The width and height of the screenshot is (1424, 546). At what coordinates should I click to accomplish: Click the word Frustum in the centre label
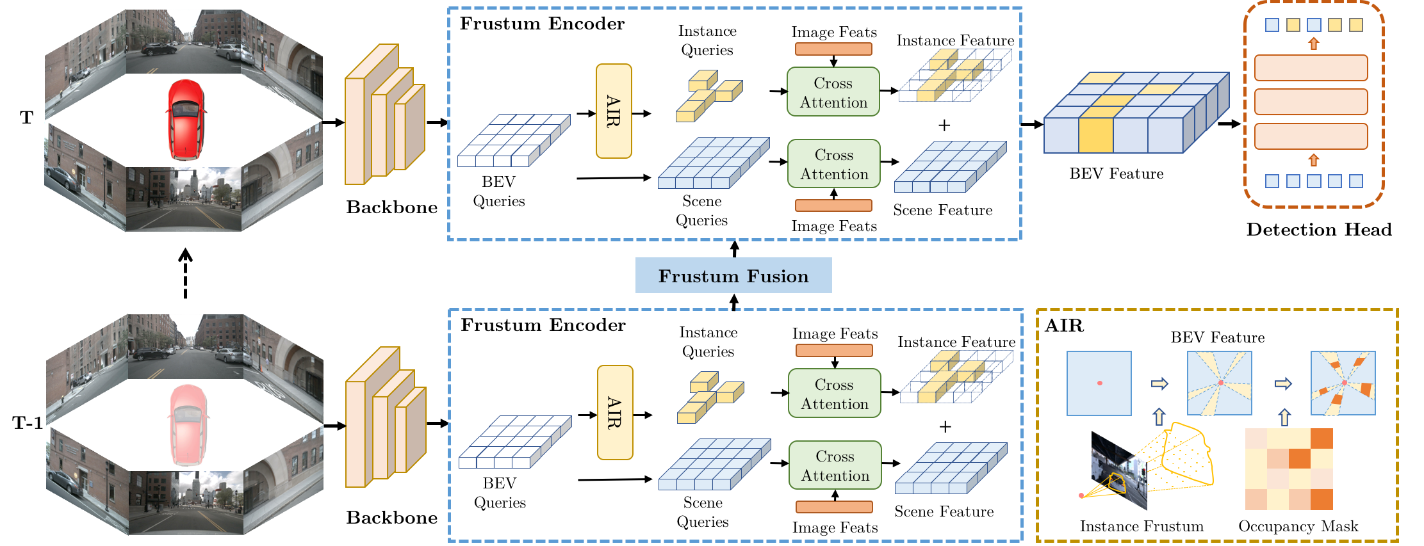pos(698,276)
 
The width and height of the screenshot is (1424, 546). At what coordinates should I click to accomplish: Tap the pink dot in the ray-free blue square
pos(1099,383)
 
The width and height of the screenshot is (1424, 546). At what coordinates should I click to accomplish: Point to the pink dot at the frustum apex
pos(1081,495)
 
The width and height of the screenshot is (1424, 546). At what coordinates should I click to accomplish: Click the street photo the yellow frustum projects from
pos(1118,470)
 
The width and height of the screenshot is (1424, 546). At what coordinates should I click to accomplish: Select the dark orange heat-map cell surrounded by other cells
pos(1299,458)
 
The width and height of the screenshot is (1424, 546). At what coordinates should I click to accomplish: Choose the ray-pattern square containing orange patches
pos(1343,383)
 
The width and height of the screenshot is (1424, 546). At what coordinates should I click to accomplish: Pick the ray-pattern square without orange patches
pos(1219,383)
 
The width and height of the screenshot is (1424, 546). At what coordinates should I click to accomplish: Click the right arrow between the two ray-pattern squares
pos(1282,383)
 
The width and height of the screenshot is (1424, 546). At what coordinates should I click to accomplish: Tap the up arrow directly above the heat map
pos(1284,417)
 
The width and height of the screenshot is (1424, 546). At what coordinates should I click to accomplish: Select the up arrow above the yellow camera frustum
pos(1158,417)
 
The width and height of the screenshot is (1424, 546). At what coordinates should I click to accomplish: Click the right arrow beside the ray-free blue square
pos(1159,383)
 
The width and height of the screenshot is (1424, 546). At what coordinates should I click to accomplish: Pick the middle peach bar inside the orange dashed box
pos(1311,102)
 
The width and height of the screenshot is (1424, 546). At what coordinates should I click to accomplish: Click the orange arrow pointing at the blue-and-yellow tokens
pos(1314,44)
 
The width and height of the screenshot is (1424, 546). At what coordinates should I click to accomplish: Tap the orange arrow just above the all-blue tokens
pos(1314,159)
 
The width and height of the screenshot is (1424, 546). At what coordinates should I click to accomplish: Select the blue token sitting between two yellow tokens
pos(1314,25)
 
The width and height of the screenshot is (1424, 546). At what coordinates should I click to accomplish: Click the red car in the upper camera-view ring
pos(184,120)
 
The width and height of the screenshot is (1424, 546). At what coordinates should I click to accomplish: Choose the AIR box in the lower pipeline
pos(615,412)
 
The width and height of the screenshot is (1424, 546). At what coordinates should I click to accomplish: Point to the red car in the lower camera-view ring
pos(186,425)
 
